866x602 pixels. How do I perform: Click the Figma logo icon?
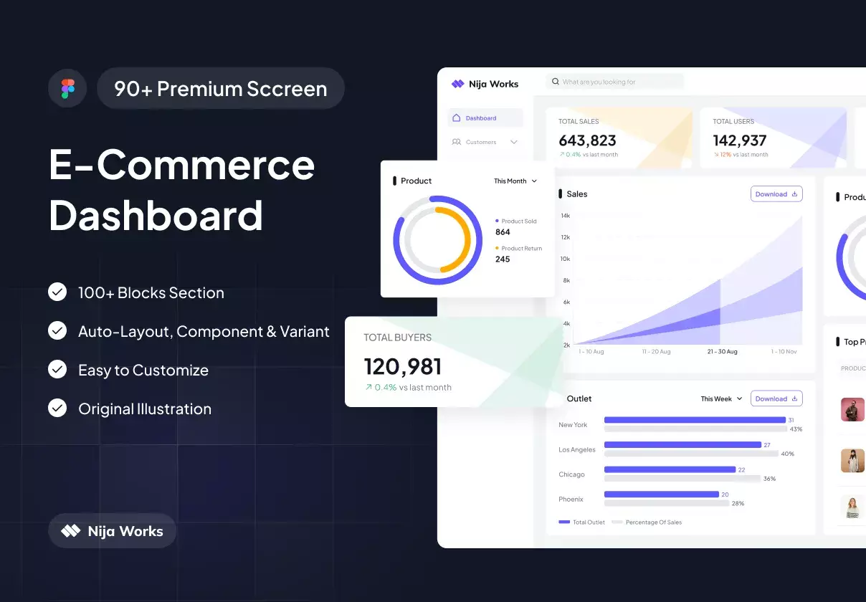point(67,89)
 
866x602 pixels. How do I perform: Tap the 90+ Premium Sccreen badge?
point(221,89)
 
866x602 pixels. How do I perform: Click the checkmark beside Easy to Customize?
point(57,369)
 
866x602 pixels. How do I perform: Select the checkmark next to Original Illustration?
point(57,408)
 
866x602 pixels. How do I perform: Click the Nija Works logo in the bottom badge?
point(71,531)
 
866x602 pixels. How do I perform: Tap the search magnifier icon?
point(555,82)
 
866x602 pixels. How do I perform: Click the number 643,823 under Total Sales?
point(587,140)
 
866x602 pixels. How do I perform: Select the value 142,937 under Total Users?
point(739,140)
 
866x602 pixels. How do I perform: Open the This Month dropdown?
point(515,181)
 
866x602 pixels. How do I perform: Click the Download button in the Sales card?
point(776,194)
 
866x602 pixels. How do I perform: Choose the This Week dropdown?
point(721,399)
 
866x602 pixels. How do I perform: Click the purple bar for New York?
point(695,420)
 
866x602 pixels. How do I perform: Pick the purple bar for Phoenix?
point(661,494)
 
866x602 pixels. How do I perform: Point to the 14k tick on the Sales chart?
point(566,216)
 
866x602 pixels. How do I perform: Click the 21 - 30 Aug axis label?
point(722,352)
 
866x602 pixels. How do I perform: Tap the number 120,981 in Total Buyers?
point(403,367)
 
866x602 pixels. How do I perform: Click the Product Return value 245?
point(503,259)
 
